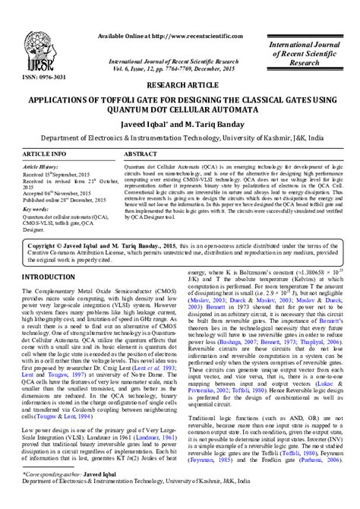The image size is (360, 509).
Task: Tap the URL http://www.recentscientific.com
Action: tap(186, 36)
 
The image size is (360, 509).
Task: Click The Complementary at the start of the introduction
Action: tap(52, 270)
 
